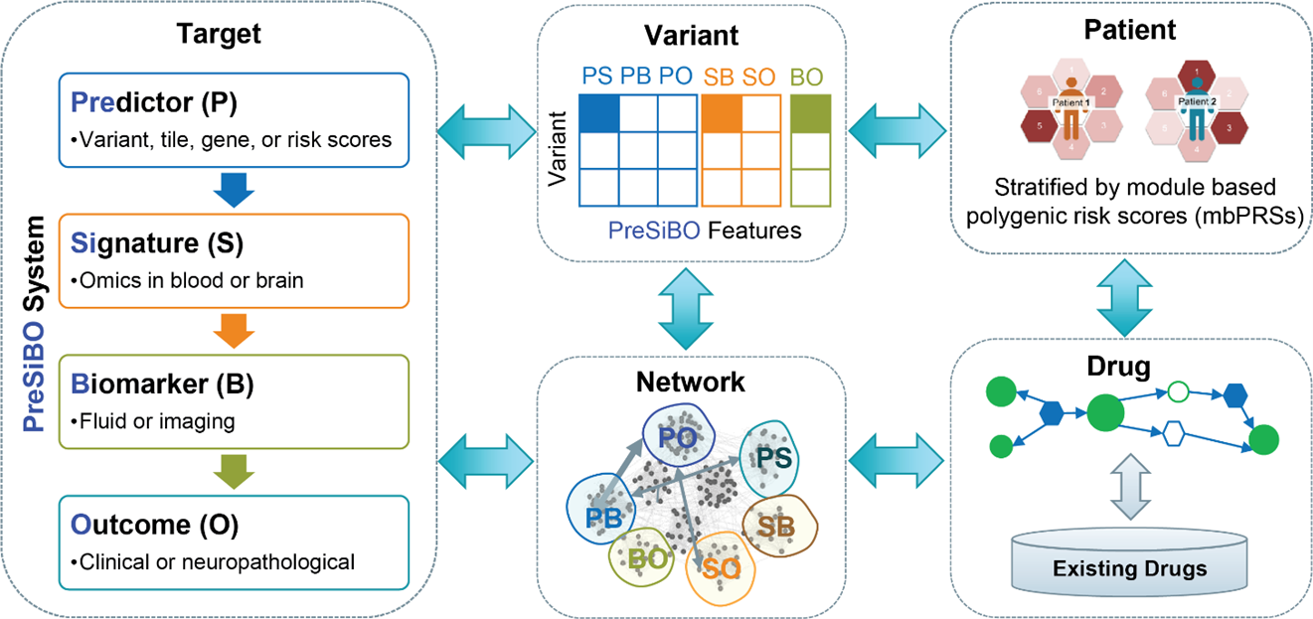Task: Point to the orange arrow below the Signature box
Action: pos(230,330)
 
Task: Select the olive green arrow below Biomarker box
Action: pos(230,470)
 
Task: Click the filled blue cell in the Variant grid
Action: pos(599,112)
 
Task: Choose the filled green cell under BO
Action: pos(809,112)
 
